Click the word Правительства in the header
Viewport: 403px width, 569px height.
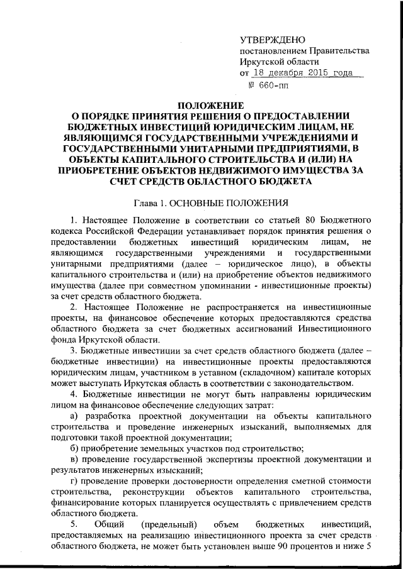337,51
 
